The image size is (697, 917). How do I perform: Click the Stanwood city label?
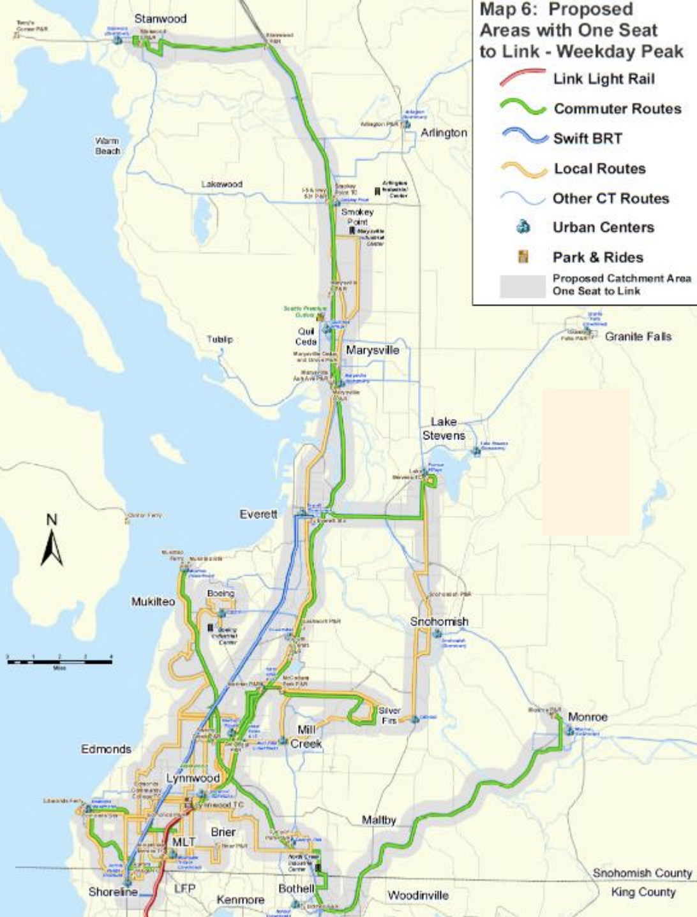point(160,19)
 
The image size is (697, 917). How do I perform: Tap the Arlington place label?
point(444,133)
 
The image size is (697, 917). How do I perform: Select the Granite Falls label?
point(638,336)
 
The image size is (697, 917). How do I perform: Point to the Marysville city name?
point(372,350)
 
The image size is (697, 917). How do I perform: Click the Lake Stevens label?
point(443,429)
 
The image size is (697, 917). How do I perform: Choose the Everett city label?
point(259,514)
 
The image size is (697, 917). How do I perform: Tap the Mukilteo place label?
point(153,601)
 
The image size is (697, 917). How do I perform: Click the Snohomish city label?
point(439,621)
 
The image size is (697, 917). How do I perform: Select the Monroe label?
point(587,717)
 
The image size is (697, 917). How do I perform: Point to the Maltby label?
point(378,819)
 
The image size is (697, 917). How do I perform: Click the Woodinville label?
point(418,895)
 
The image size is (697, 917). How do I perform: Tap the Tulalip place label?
point(220,339)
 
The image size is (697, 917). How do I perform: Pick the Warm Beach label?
point(107,146)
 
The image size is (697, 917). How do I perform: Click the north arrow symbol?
point(52,542)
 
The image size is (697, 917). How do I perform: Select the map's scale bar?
point(59,661)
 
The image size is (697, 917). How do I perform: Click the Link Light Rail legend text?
point(603,79)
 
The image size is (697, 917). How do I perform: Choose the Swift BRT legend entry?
point(587,138)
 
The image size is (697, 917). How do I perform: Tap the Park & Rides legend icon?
point(523,257)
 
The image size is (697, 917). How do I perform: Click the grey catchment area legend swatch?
point(522,285)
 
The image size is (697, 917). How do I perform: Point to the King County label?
point(643,891)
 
